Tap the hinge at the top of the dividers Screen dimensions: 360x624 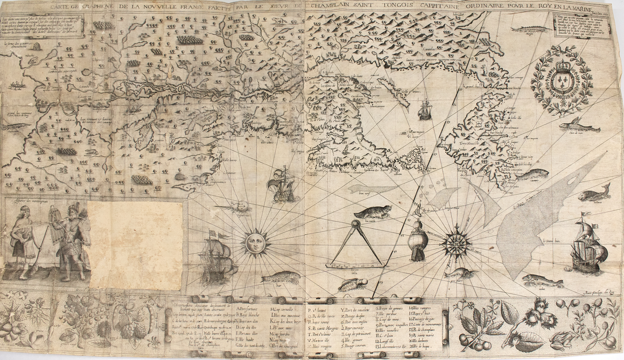pyautogui.click(x=355, y=224)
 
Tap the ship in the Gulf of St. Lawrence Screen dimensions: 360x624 pyautogui.click(x=424, y=111)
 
